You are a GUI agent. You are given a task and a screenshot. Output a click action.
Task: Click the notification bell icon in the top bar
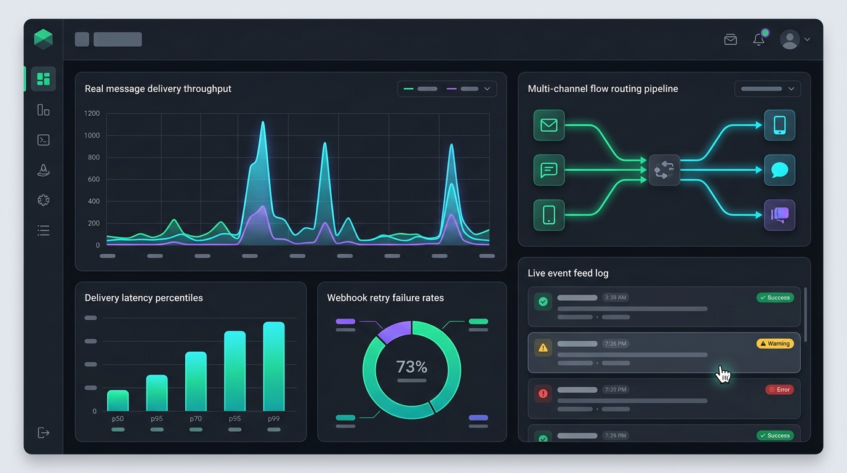758,39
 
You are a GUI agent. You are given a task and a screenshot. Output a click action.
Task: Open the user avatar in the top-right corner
790,39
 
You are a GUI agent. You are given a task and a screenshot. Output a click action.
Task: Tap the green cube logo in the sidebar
43,39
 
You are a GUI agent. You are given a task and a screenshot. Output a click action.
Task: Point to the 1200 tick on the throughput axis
92,113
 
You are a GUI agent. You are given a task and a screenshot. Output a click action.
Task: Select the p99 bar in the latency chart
274,366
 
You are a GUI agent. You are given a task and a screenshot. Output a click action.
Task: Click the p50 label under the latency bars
118,419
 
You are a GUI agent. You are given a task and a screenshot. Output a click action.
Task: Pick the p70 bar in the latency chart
196,381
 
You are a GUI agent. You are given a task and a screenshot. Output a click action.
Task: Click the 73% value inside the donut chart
411,366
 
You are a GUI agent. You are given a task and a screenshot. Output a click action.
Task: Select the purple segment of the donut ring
395,331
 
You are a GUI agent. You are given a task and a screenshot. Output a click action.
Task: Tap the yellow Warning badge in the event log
775,344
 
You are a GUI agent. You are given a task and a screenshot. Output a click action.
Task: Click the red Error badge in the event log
779,390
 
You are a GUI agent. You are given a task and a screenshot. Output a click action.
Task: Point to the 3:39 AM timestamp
616,297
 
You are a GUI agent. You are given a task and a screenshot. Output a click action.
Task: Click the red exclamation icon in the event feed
543,394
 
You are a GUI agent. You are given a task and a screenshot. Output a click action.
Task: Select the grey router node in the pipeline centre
664,170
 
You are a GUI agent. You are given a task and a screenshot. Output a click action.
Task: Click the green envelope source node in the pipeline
549,125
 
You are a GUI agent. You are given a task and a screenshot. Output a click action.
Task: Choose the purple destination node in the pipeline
780,215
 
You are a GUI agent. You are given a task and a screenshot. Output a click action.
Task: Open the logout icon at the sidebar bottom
44,432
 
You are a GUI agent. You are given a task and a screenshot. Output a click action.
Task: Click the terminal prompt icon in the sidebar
44,140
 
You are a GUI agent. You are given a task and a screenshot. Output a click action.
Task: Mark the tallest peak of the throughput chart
263,121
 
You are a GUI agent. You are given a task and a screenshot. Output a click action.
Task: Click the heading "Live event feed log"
568,273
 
